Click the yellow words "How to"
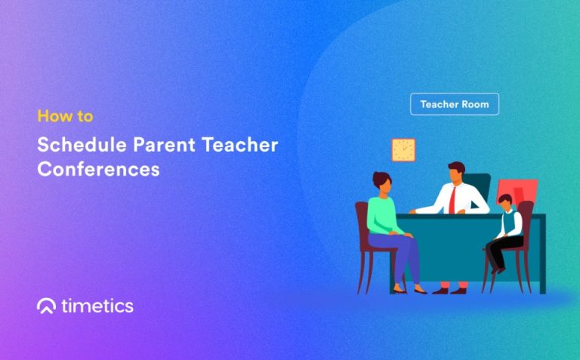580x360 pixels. [x=65, y=117]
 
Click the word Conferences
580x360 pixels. [x=98, y=169]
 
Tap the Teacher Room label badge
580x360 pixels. [x=454, y=104]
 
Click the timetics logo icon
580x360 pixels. [x=46, y=306]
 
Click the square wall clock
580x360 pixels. [x=403, y=149]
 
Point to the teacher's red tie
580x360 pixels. [x=452, y=199]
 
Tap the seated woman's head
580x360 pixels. [x=381, y=183]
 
